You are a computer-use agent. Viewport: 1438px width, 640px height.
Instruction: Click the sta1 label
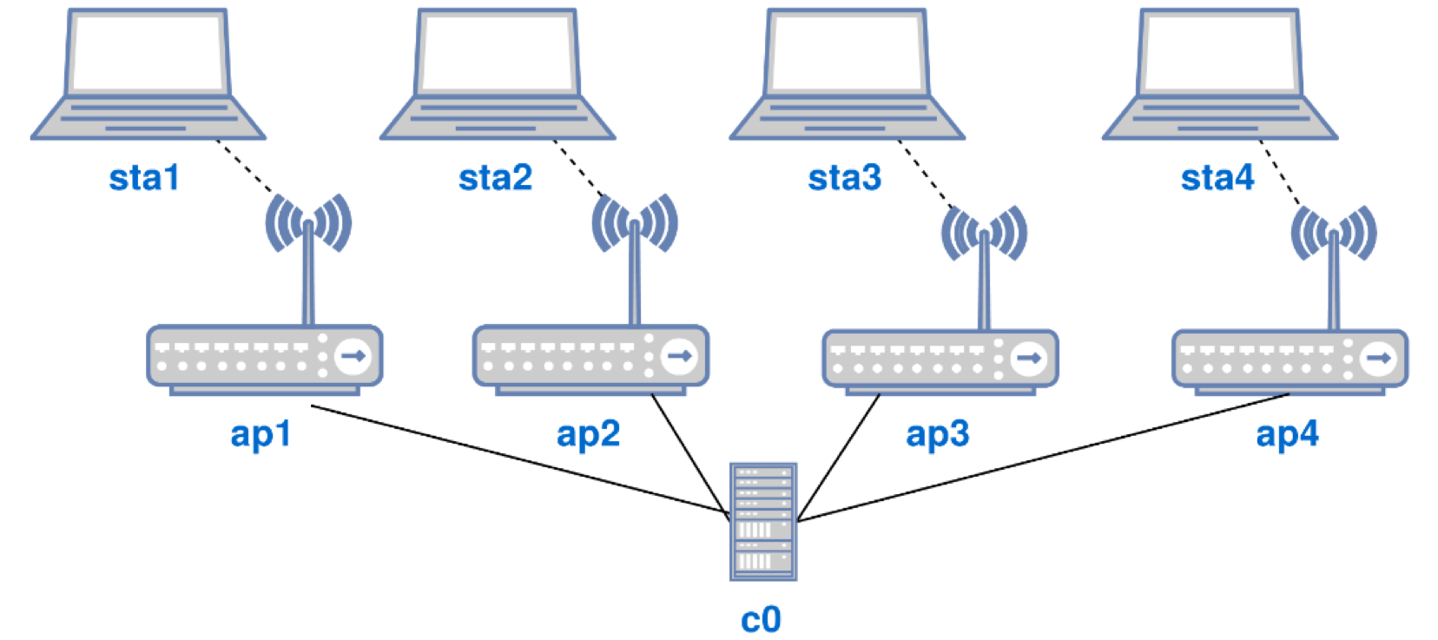pyautogui.click(x=144, y=177)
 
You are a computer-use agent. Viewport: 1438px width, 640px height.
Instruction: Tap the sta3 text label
pyautogui.click(x=844, y=177)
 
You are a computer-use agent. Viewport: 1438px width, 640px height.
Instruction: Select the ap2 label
pyautogui.click(x=588, y=433)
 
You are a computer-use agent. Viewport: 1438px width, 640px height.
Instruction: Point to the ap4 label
pyautogui.click(x=1287, y=433)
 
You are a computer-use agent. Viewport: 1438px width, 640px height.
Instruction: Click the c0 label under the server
pyautogui.click(x=761, y=619)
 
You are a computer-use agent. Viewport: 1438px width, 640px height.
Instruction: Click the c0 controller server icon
pyautogui.click(x=762, y=521)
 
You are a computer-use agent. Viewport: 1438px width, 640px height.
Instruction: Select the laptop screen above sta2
pyautogui.click(x=498, y=53)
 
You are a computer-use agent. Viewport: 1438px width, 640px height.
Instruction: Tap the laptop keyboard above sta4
pyautogui.click(x=1219, y=117)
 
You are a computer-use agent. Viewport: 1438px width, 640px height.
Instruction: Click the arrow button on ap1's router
pyautogui.click(x=353, y=356)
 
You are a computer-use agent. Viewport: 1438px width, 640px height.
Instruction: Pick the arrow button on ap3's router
pyautogui.click(x=1029, y=358)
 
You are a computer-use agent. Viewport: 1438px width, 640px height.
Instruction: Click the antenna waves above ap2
pyautogui.click(x=635, y=222)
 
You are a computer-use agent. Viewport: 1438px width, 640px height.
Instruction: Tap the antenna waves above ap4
pyautogui.click(x=1333, y=233)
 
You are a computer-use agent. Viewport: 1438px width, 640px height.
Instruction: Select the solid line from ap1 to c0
pyautogui.click(x=521, y=460)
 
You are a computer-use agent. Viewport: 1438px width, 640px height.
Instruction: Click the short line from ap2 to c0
pyautogui.click(x=690, y=453)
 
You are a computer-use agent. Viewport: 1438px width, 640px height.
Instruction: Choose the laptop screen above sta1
pyautogui.click(x=148, y=53)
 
